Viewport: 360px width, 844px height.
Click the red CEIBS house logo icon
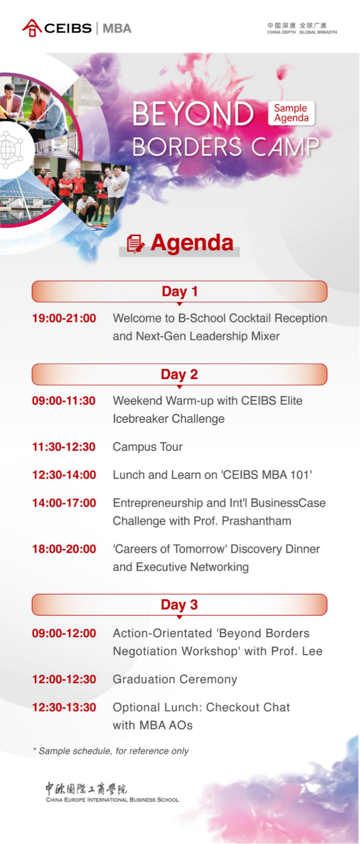pyautogui.click(x=32, y=28)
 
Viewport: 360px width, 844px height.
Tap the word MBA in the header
pyautogui.click(x=117, y=29)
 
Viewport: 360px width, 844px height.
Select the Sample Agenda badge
pyautogui.click(x=291, y=113)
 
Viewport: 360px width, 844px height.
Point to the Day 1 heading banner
pyautogui.click(x=180, y=291)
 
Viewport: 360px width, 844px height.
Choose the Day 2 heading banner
pyautogui.click(x=180, y=374)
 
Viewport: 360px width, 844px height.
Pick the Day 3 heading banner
pyautogui.click(x=180, y=605)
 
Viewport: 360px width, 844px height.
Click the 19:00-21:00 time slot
pyautogui.click(x=64, y=318)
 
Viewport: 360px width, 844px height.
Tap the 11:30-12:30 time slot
pyautogui.click(x=64, y=447)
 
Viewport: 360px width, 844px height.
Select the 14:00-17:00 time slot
pyautogui.click(x=64, y=503)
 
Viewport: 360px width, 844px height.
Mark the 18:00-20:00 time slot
pyautogui.click(x=64, y=549)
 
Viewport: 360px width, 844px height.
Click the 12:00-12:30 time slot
pyautogui.click(x=64, y=679)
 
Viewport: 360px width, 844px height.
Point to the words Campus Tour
pyautogui.click(x=148, y=447)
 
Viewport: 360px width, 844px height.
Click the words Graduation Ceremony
pyautogui.click(x=175, y=679)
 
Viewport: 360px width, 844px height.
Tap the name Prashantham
pyautogui.click(x=257, y=521)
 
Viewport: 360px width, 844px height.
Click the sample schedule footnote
pyautogui.click(x=111, y=751)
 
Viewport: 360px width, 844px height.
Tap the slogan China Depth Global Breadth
pyautogui.click(x=302, y=29)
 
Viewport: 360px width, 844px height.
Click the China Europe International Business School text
pyautogui.click(x=112, y=800)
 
